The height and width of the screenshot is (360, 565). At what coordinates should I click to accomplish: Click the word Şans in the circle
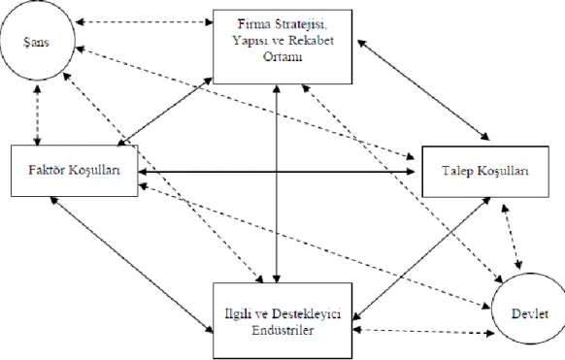pyautogui.click(x=36, y=42)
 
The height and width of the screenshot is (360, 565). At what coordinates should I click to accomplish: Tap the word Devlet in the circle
pyautogui.click(x=530, y=314)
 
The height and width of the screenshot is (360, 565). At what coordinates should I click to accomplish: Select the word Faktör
pyautogui.click(x=47, y=170)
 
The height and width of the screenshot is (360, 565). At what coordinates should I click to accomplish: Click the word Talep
pyautogui.click(x=457, y=171)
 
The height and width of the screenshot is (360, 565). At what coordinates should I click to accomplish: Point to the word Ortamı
pyautogui.click(x=282, y=56)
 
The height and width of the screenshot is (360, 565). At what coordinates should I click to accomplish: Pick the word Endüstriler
pyautogui.click(x=282, y=330)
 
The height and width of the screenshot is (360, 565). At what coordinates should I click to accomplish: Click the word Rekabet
pyautogui.click(x=311, y=40)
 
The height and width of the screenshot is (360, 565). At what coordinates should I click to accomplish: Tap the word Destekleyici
pyautogui.click(x=306, y=313)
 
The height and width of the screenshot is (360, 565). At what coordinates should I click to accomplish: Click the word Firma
pyautogui.click(x=254, y=23)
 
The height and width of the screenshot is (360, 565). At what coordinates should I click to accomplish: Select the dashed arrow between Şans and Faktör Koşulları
pyautogui.click(x=38, y=115)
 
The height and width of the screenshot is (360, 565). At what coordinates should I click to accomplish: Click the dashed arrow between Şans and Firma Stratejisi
pyautogui.click(x=144, y=22)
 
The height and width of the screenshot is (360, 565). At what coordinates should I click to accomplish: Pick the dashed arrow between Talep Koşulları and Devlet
pyautogui.click(x=512, y=237)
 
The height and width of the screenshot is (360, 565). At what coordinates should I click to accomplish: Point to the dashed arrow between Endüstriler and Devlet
pyautogui.click(x=423, y=331)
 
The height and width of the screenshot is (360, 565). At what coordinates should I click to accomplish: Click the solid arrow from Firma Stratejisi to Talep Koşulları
pyautogui.click(x=423, y=89)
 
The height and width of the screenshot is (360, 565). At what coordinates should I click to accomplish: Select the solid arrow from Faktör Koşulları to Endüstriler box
pyautogui.click(x=131, y=265)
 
